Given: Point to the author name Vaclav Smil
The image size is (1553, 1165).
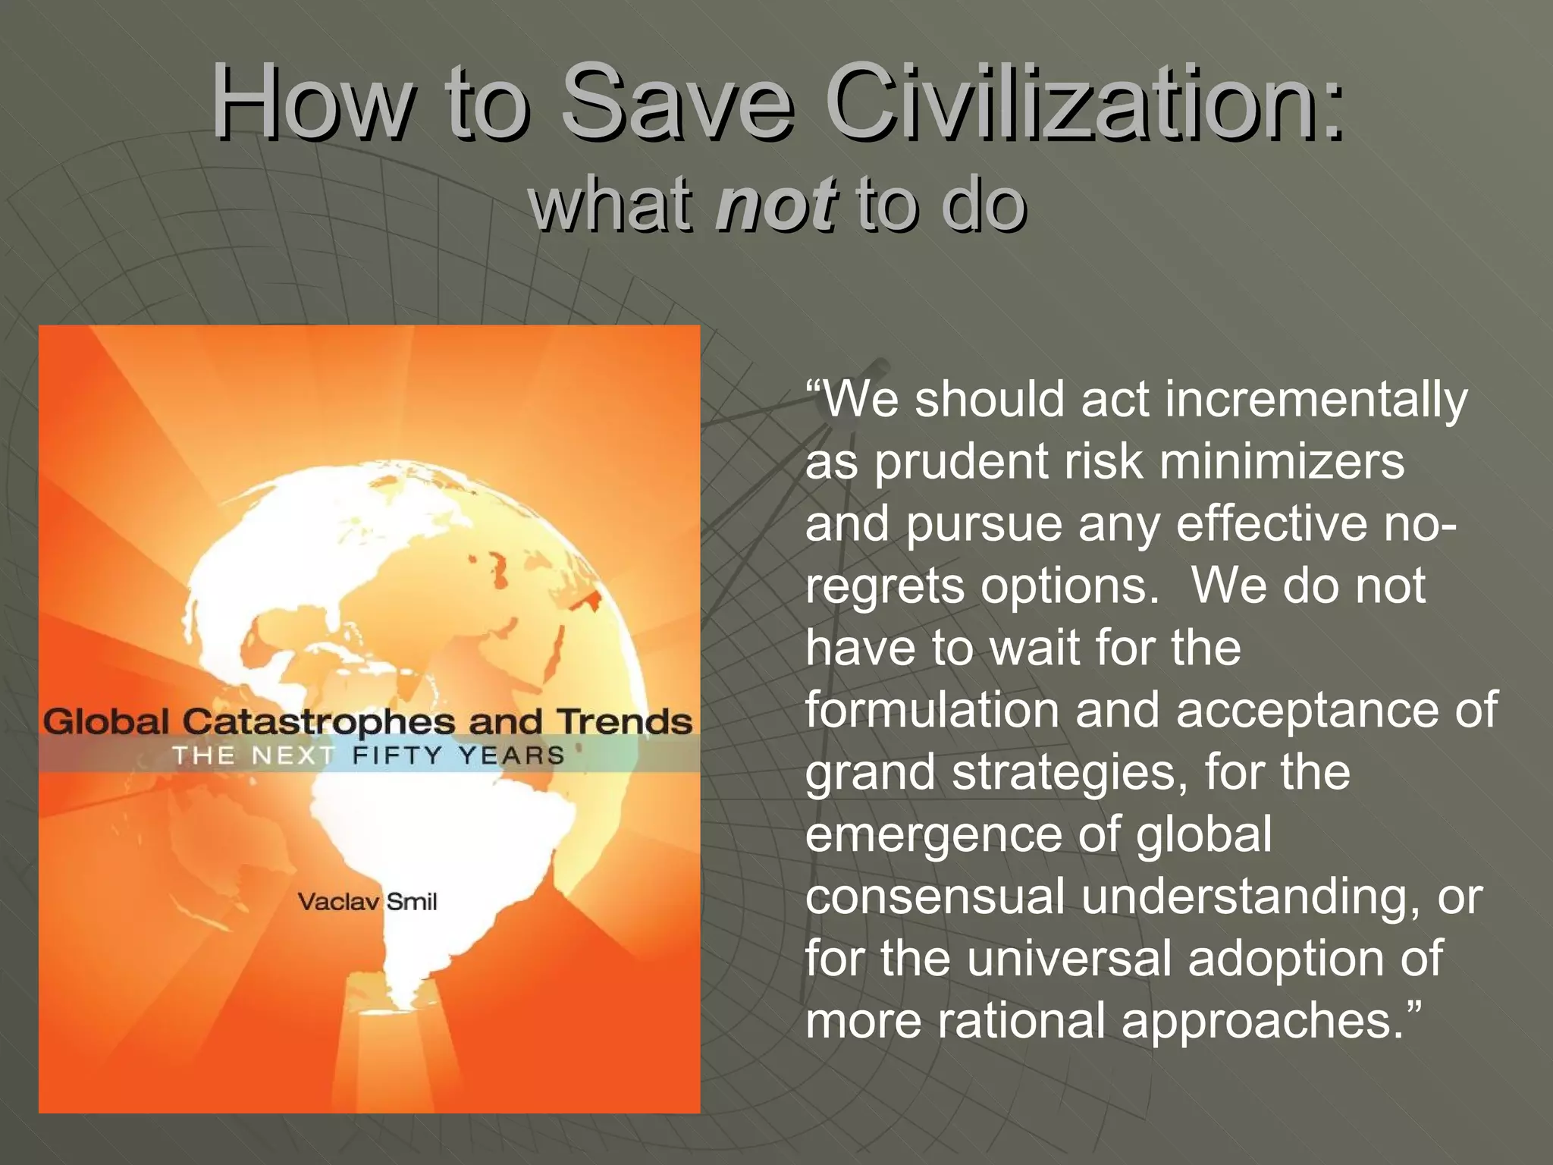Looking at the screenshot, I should pyautogui.click(x=367, y=902).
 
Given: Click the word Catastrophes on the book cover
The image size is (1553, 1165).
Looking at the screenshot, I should pyautogui.click(x=318, y=722).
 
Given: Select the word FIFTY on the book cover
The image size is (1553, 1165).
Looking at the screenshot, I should pyautogui.click(x=397, y=755).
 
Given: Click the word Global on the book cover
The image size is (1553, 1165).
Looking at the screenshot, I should pyautogui.click(x=106, y=721).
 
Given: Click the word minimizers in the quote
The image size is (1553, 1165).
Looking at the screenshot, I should pyautogui.click(x=1282, y=461).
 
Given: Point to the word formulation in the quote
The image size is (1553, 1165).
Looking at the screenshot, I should pyautogui.click(x=933, y=710).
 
